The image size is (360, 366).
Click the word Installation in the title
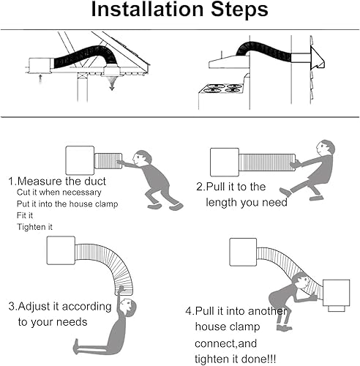tap(147, 10)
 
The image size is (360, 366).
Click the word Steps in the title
tap(239, 10)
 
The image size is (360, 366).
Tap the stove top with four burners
tap(222, 89)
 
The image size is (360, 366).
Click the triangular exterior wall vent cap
tap(317, 58)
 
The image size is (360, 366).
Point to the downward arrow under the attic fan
tap(112, 83)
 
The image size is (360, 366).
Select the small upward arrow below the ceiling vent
tap(40, 78)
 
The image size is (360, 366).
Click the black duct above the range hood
tap(263, 51)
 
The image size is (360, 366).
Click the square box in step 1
tap(80, 160)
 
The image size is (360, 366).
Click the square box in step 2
tap(225, 162)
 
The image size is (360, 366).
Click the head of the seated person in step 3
tap(128, 307)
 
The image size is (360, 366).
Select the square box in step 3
tap(61, 250)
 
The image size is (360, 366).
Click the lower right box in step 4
tap(337, 293)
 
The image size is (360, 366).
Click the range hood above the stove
tap(229, 61)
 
